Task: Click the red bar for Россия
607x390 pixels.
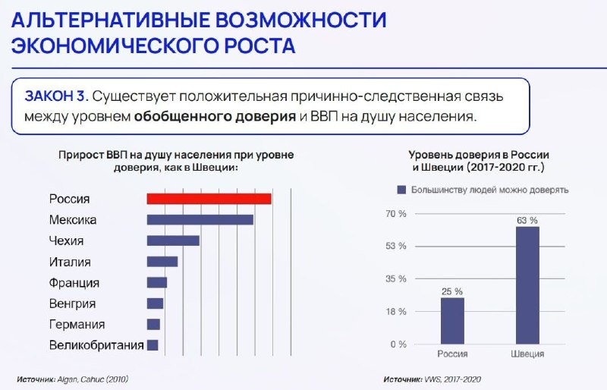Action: [x=209, y=199]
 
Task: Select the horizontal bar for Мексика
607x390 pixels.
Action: [x=200, y=219]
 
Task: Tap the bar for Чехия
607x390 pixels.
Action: [x=173, y=241]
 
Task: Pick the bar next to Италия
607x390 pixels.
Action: [x=162, y=262]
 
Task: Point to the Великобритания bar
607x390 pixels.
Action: [x=153, y=345]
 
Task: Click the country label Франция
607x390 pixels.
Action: [x=74, y=283]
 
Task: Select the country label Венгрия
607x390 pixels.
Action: [x=72, y=304]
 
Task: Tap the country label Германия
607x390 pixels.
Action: [x=77, y=324]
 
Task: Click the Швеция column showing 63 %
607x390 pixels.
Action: [x=527, y=285]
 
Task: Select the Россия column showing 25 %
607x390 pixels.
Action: [x=452, y=321]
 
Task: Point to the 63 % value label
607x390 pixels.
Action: [x=527, y=220]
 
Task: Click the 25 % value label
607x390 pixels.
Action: [x=452, y=291]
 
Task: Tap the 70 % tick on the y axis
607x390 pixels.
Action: [x=396, y=214]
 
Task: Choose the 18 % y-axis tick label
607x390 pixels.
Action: [x=396, y=312]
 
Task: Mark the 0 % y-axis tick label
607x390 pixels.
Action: [x=398, y=344]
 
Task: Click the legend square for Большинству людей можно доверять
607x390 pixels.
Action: [x=402, y=190]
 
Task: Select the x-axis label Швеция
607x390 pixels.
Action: [x=527, y=354]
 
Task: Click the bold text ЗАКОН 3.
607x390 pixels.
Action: [x=56, y=96]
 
